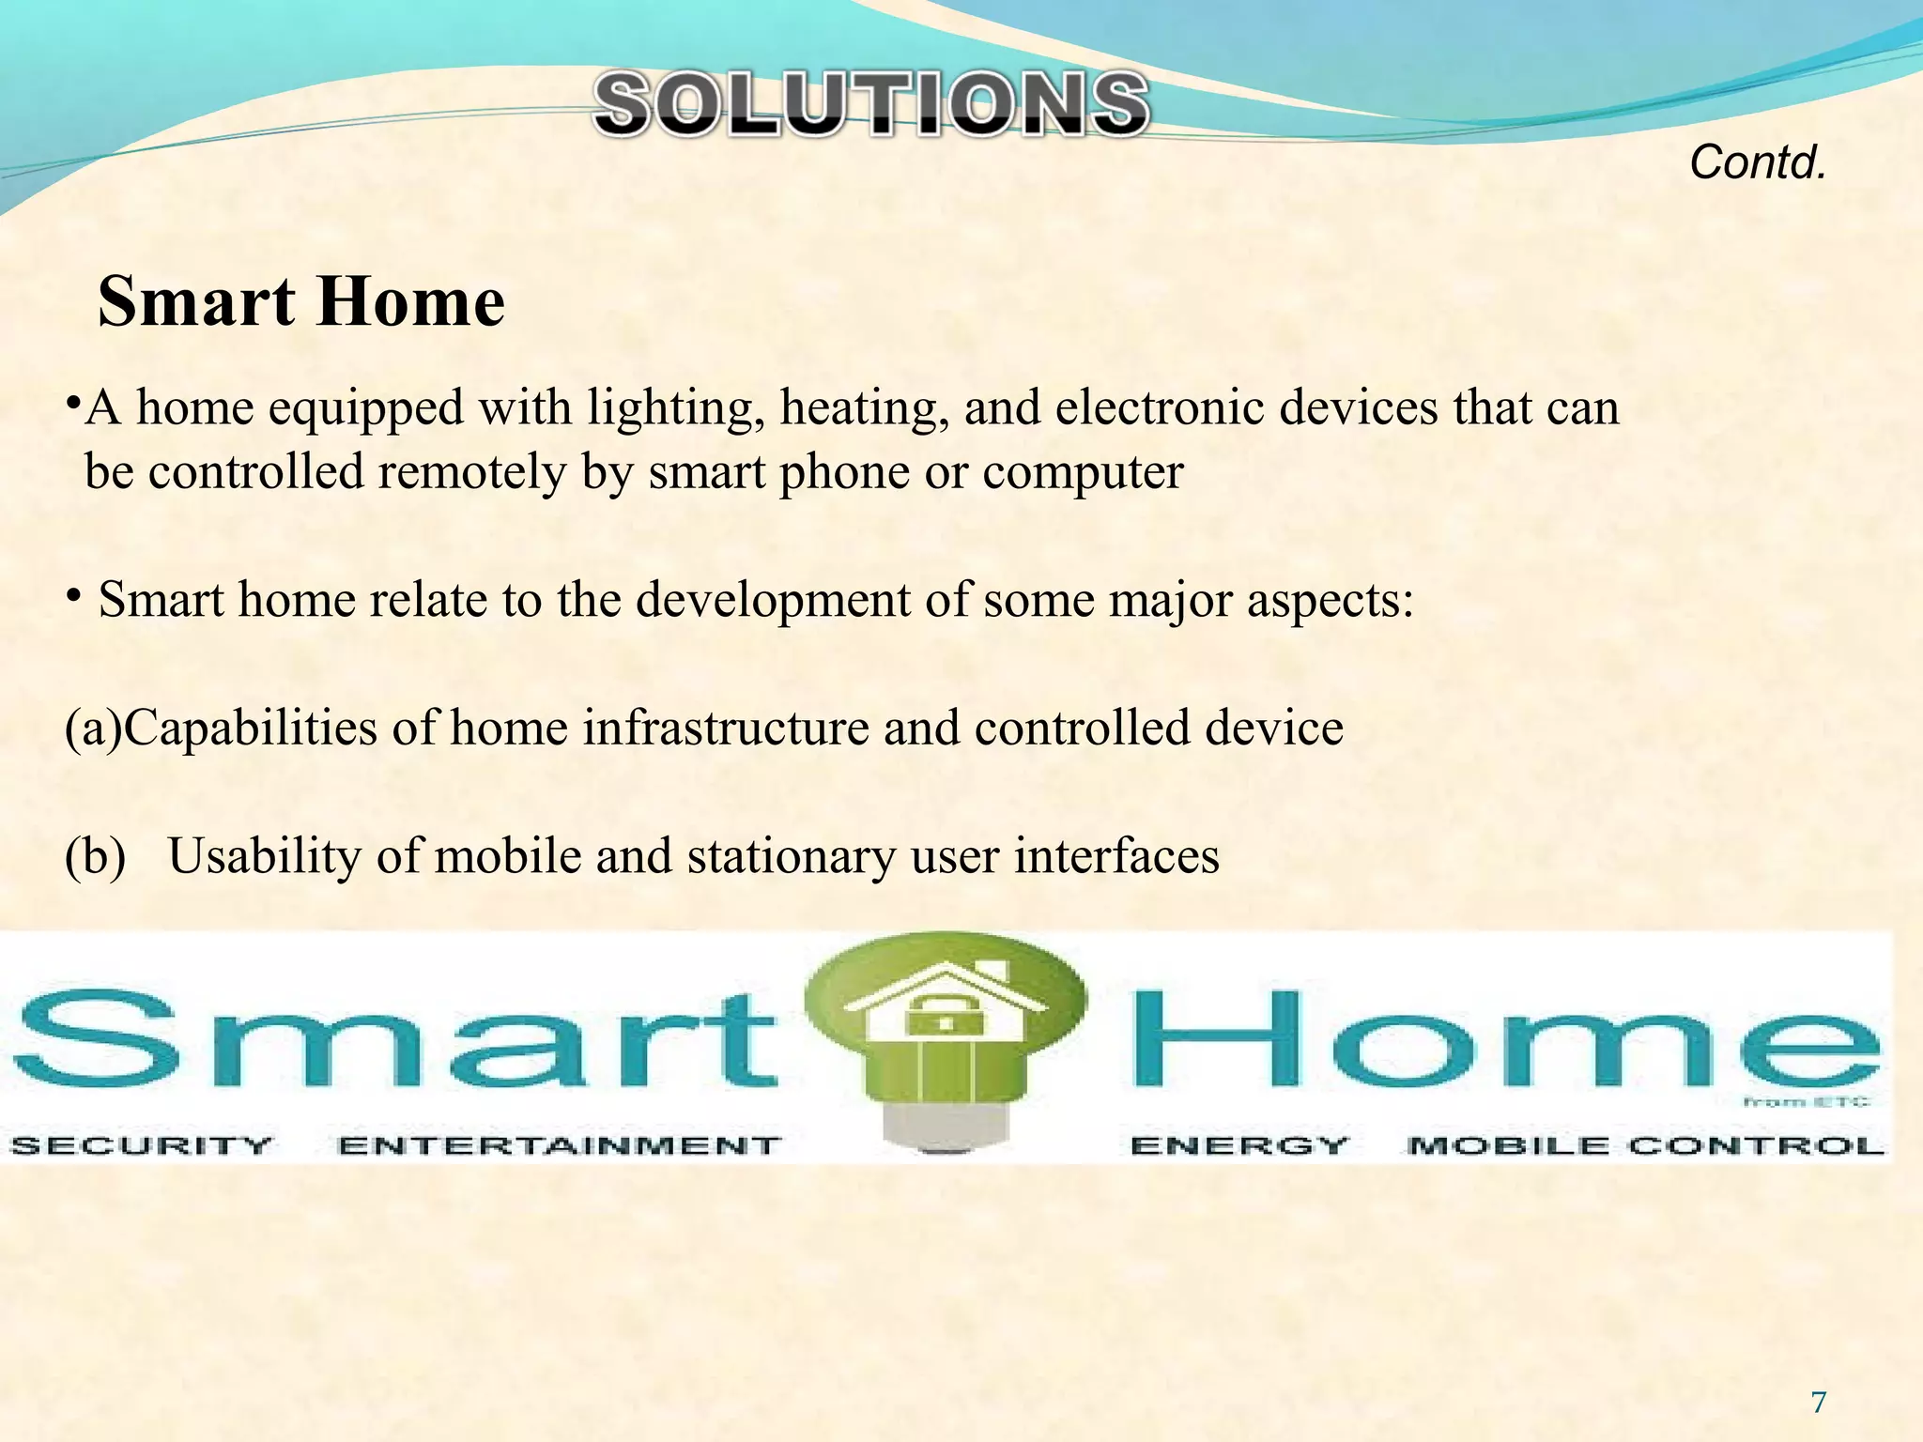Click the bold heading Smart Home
(x=301, y=302)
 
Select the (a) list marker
(x=93, y=729)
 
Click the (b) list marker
(x=95, y=856)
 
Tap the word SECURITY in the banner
(x=141, y=1145)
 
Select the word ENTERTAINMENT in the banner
(x=559, y=1145)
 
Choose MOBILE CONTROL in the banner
(x=1646, y=1145)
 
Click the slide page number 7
(x=1819, y=1403)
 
